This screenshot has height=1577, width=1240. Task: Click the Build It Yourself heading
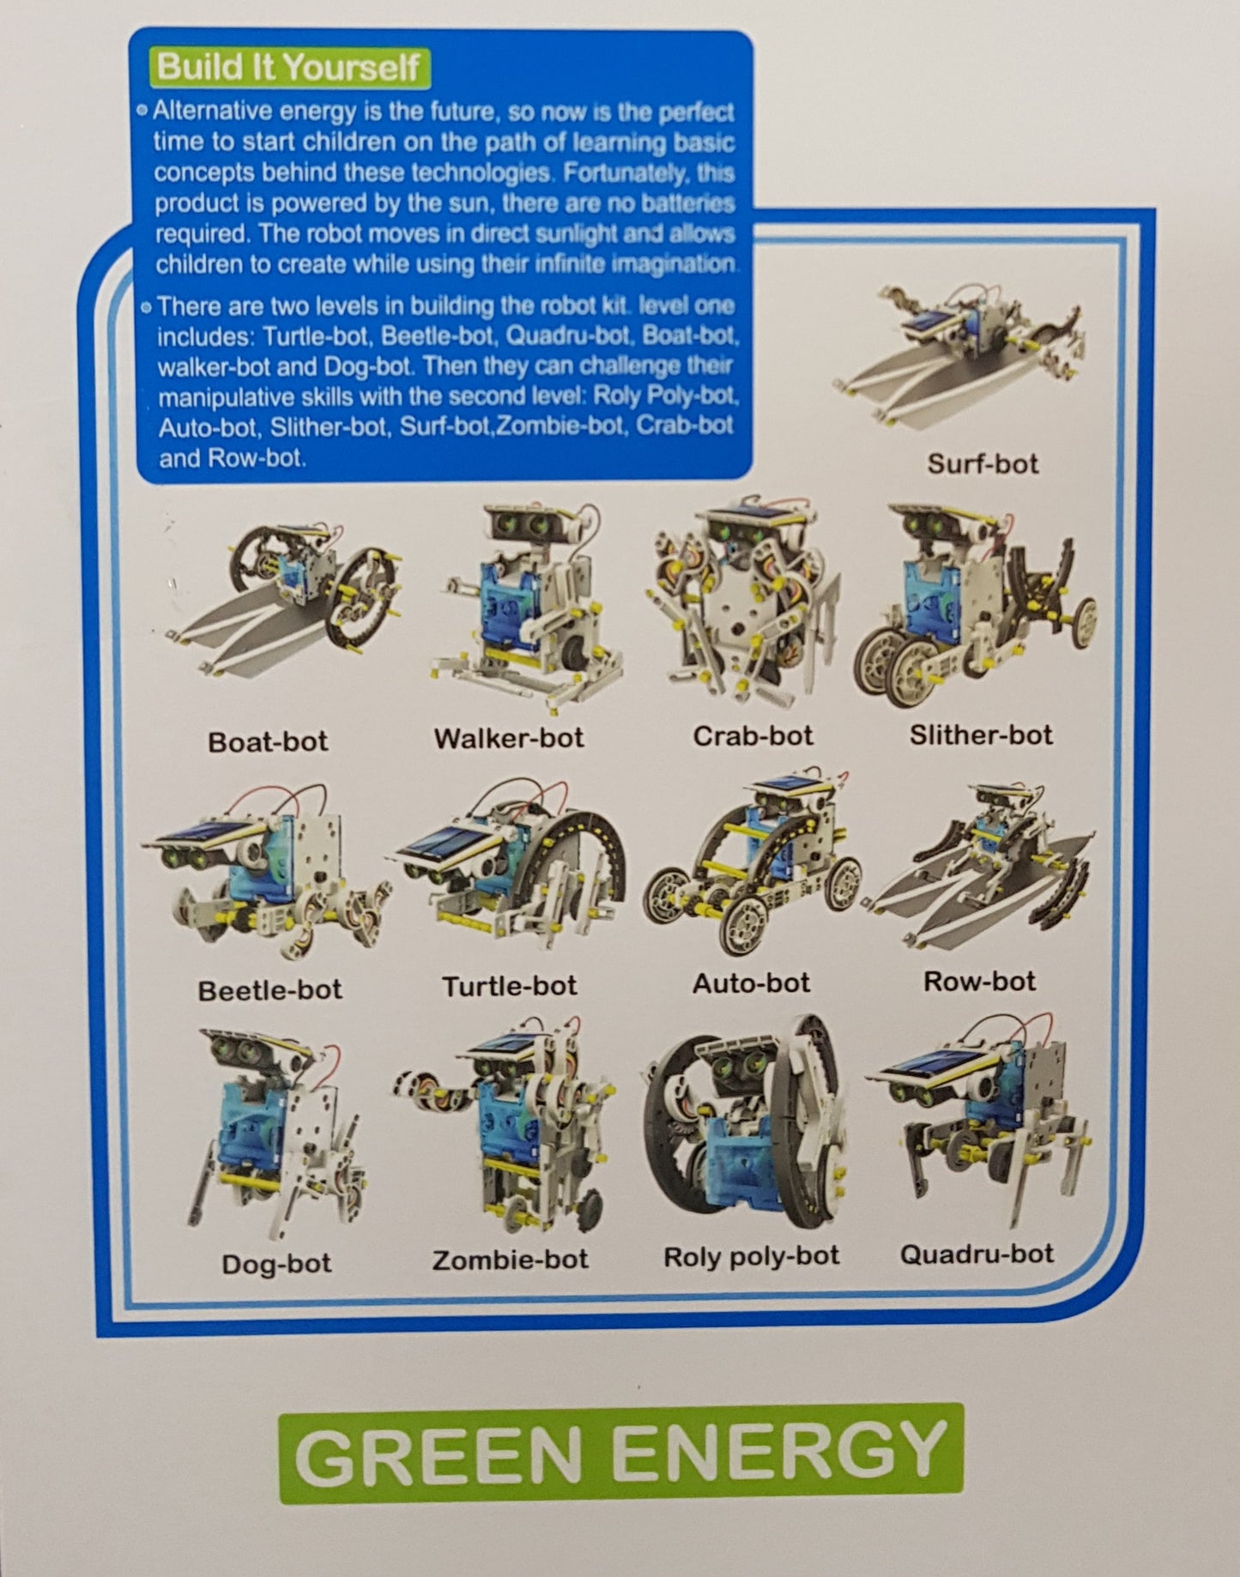[x=288, y=67]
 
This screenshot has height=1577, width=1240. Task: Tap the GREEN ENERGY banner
[x=620, y=1452]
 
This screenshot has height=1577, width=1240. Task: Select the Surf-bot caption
[x=982, y=464]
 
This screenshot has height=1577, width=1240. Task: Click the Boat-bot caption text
[x=268, y=741]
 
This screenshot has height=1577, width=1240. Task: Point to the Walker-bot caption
[x=509, y=738]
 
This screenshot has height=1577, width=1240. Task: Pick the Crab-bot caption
[x=753, y=736]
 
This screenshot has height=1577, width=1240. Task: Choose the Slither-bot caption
[x=981, y=735]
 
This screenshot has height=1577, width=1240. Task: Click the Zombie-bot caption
[x=510, y=1260]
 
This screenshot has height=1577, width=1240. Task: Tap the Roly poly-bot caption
[x=751, y=1256]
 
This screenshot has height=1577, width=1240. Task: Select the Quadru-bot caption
[x=977, y=1254]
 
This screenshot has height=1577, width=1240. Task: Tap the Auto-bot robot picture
[x=753, y=862]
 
